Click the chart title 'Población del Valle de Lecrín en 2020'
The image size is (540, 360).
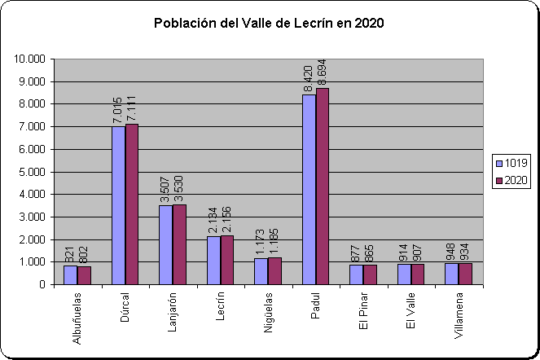coord(269,23)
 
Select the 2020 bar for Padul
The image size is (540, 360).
coord(323,187)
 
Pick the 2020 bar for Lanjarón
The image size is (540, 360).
coord(179,244)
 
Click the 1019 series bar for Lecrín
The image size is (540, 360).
coord(213,260)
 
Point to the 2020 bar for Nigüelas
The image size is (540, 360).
coord(274,271)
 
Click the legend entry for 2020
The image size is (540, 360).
coord(511,181)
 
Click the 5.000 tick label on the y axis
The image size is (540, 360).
coord(32,172)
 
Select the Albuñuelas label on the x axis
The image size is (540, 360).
coord(77,318)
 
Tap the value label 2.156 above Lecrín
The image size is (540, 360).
coord(227,219)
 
